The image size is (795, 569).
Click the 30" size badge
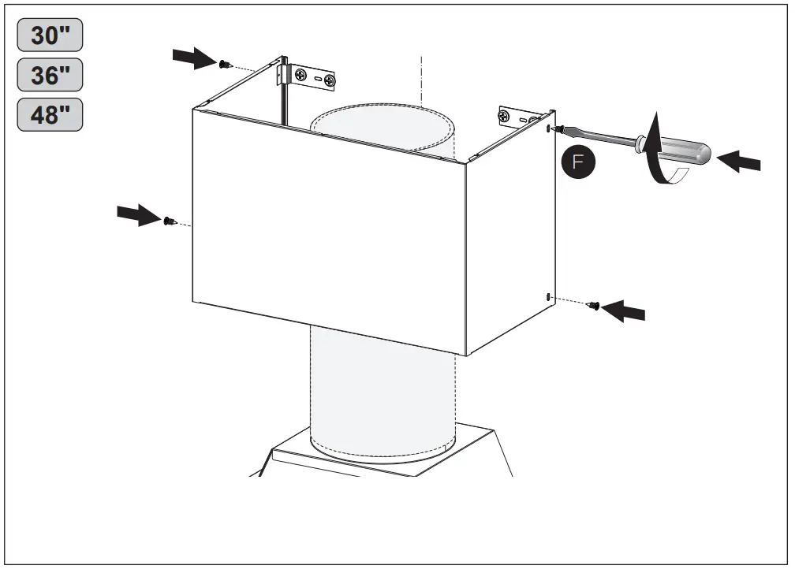click(50, 36)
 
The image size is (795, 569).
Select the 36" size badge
click(50, 76)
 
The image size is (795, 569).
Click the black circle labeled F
click(578, 162)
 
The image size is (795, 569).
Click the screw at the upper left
click(225, 62)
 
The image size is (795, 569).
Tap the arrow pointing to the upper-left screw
click(193, 56)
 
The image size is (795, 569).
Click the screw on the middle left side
click(169, 221)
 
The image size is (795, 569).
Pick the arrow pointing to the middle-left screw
click(137, 214)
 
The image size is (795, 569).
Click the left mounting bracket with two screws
click(312, 78)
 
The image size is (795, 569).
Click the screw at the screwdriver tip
click(558, 128)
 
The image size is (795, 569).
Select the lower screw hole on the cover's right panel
click(547, 296)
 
